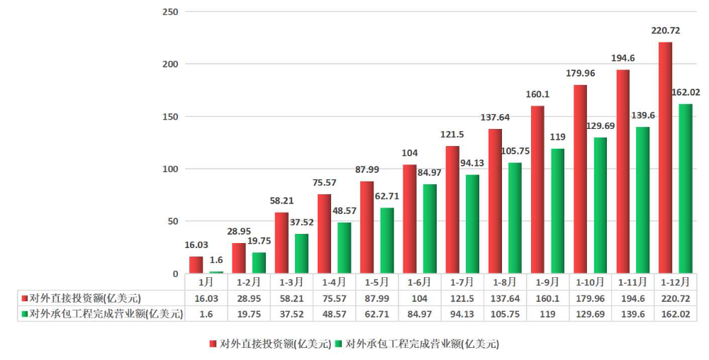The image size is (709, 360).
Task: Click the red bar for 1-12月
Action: pyautogui.click(x=665, y=158)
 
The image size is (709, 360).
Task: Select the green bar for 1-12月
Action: pyautogui.click(x=686, y=189)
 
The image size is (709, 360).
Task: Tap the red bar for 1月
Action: pyautogui.click(x=196, y=265)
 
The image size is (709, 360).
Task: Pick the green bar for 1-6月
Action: pyautogui.click(x=430, y=229)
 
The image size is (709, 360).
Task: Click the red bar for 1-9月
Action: pyautogui.click(x=537, y=190)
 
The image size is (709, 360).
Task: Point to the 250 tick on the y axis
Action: pyautogui.click(x=169, y=12)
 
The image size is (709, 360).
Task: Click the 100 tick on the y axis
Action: pyautogui.click(x=169, y=169)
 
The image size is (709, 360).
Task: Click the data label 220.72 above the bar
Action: pyautogui.click(x=665, y=31)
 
